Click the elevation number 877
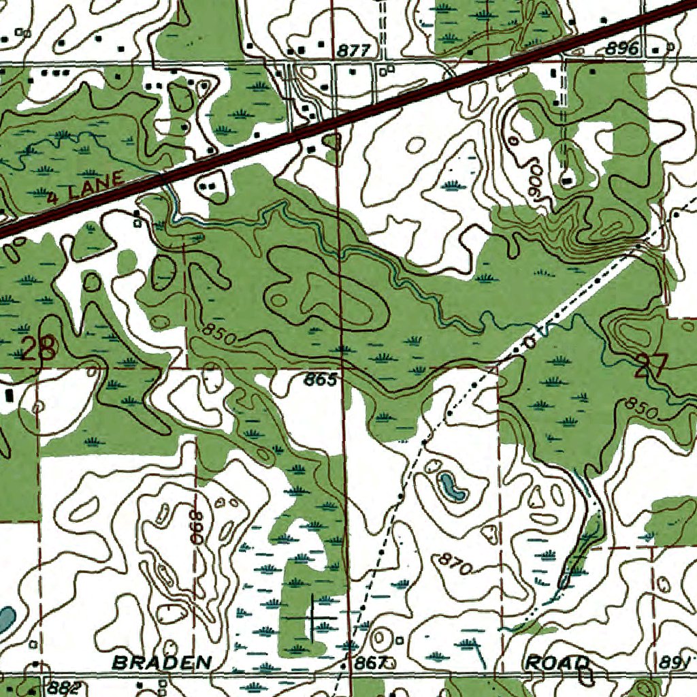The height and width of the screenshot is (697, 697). [x=353, y=50]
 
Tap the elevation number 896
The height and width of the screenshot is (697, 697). [x=623, y=48]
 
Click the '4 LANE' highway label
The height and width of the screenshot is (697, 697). [x=86, y=188]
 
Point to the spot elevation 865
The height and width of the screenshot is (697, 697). [x=320, y=380]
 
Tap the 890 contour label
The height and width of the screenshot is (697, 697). [x=197, y=526]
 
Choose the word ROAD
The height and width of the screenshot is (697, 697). [x=557, y=662]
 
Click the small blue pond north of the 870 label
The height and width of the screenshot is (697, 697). [x=450, y=486]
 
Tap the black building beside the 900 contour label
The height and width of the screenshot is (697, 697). [x=567, y=180]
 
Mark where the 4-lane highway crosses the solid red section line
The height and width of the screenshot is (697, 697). [x=335, y=121]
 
